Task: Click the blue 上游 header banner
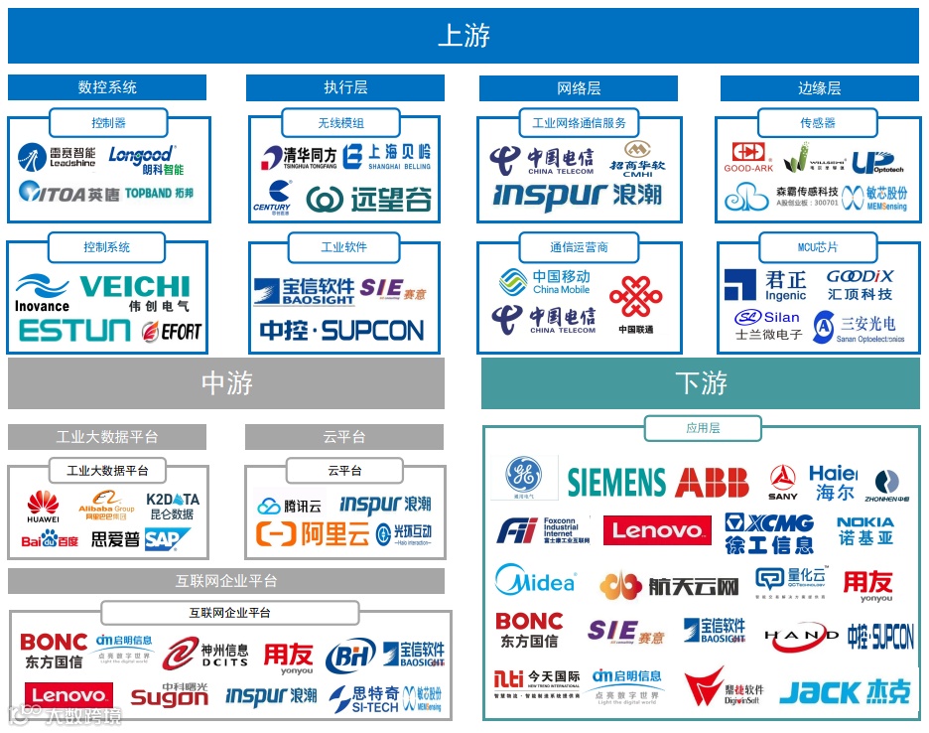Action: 464,36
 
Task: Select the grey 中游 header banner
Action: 226,383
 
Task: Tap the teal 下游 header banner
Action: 701,383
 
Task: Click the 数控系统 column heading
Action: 107,87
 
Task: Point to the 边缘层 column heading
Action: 819,87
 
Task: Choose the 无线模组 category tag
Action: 340,123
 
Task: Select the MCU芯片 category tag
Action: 817,246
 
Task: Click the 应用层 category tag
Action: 702,428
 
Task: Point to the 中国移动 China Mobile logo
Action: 546,282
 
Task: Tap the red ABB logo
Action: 712,483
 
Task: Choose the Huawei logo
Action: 43,507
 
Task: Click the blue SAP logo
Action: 166,539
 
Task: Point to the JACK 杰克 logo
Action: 845,691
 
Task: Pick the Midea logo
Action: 535,582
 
